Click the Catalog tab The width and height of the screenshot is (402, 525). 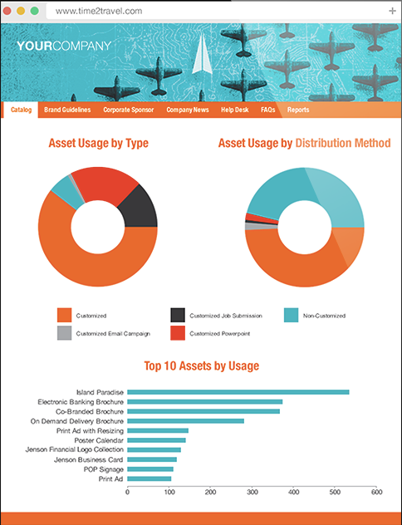coord(21,110)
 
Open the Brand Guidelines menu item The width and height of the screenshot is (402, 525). coord(67,110)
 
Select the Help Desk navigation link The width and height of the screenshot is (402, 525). coord(235,110)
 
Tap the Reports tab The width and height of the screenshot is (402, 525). coord(298,110)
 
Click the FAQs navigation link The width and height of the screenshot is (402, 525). coord(267,110)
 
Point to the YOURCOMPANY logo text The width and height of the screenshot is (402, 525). coord(64,46)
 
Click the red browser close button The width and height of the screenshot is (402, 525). coord(7,11)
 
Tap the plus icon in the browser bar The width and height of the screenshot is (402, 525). coord(392,11)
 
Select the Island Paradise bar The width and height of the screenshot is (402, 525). coord(238,392)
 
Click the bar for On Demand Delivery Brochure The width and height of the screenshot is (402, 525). coord(185,421)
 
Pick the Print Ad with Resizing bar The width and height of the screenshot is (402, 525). coord(158,430)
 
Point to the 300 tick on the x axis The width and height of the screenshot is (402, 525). coord(252,487)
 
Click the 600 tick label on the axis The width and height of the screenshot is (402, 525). coord(376,492)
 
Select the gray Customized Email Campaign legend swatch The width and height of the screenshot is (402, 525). coord(64,333)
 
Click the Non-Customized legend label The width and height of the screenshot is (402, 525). coord(324,316)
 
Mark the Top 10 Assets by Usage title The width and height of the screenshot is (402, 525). coord(202,366)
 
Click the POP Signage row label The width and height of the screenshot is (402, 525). coord(104,469)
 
